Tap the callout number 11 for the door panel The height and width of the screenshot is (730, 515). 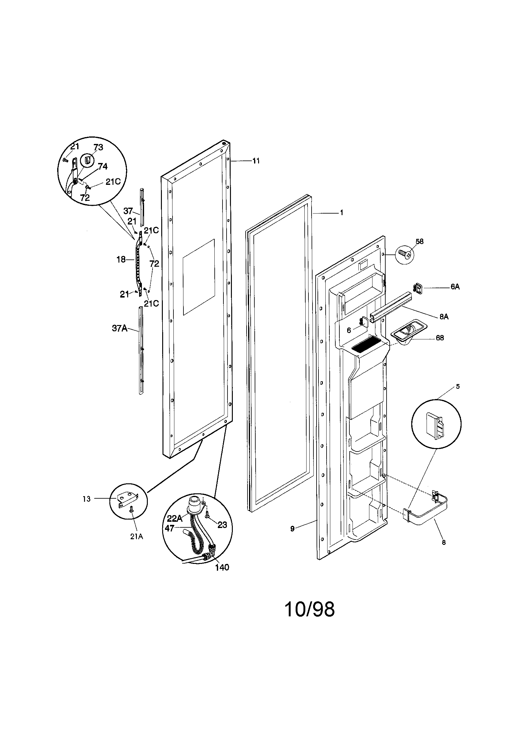click(256, 161)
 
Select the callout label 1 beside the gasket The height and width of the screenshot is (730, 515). click(342, 213)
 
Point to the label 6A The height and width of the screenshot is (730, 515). click(455, 287)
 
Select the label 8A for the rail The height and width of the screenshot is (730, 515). click(444, 317)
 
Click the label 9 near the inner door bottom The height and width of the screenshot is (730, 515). click(292, 529)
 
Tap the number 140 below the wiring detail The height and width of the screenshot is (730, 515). click(222, 568)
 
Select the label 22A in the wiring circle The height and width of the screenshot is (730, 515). click(174, 519)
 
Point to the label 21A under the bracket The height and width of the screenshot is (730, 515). click(136, 536)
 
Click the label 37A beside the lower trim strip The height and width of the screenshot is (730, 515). click(119, 328)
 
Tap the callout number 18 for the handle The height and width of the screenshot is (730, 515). click(121, 259)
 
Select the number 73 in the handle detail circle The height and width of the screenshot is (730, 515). click(98, 147)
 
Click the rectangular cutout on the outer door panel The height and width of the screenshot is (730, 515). click(199, 277)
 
